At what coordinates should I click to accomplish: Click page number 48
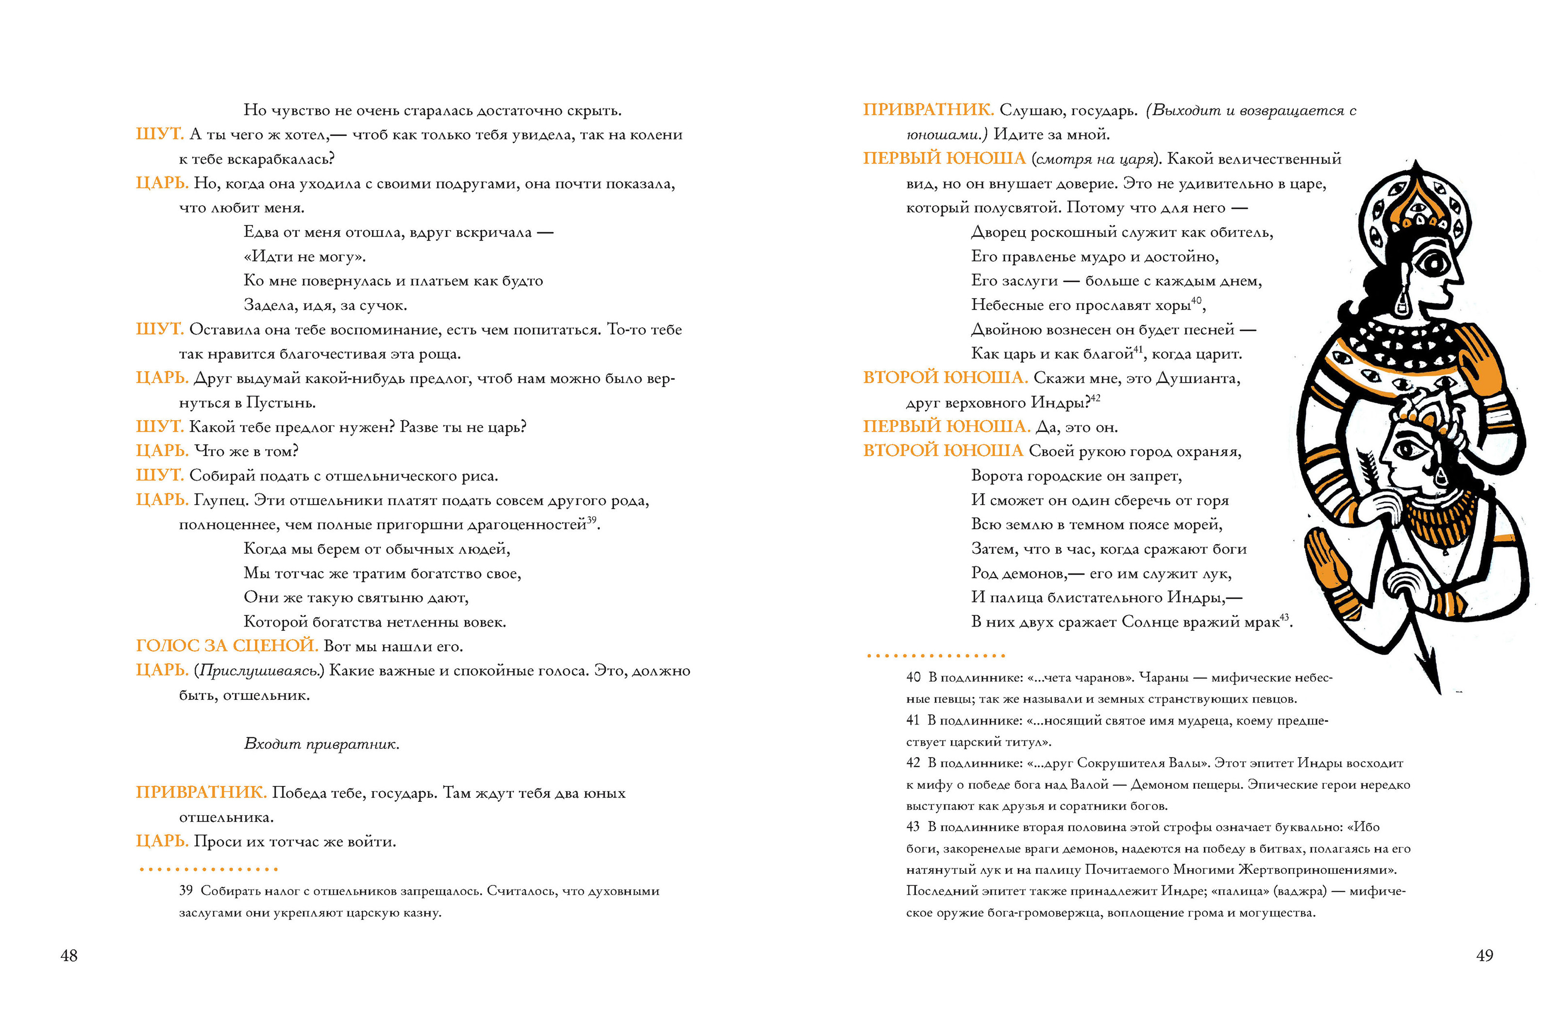coord(68,955)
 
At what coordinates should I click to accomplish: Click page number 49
coord(1484,955)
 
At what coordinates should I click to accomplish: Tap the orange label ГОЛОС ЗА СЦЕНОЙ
coord(226,645)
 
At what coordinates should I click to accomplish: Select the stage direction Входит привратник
coord(321,744)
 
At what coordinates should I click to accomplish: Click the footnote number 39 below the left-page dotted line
coord(186,891)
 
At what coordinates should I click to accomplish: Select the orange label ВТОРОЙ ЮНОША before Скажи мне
coord(945,378)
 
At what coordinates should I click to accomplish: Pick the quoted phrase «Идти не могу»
coord(304,256)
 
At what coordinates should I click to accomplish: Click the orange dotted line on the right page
coord(935,655)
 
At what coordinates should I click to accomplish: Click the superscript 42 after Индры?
coord(1096,398)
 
